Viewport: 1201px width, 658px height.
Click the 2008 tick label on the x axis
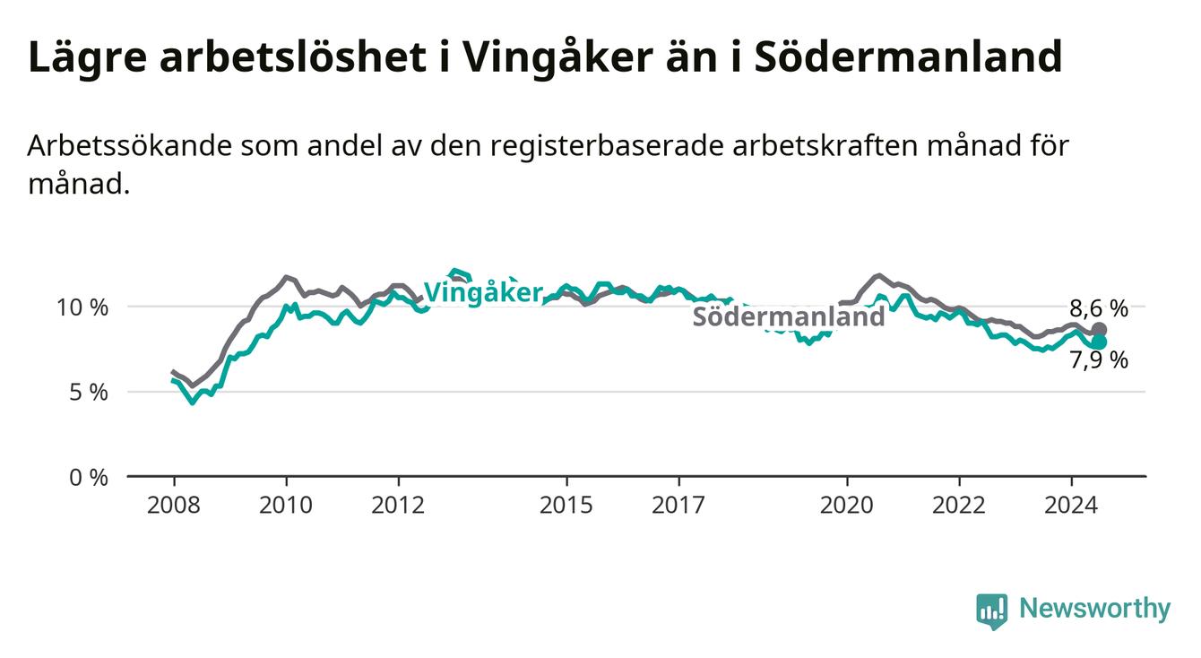[x=173, y=506]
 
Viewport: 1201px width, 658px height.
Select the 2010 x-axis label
[x=286, y=506]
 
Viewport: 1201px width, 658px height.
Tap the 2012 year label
[x=398, y=506]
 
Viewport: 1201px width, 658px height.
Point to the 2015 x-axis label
[x=566, y=506]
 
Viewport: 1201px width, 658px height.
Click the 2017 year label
[x=678, y=506]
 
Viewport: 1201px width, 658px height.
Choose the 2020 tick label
[x=847, y=506]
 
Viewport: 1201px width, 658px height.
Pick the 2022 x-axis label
[x=959, y=506]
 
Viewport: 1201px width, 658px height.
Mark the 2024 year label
[x=1071, y=506]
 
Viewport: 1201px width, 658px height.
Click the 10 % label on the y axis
[x=82, y=307]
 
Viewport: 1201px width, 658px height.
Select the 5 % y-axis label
[x=89, y=393]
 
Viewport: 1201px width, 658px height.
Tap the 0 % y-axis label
[x=89, y=478]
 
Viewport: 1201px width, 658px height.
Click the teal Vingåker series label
[x=484, y=293]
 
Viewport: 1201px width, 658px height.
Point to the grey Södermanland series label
[x=789, y=316]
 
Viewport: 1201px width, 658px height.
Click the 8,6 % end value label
[x=1099, y=309]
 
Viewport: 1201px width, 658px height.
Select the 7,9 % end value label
[x=1099, y=359]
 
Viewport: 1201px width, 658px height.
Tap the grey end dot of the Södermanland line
[x=1099, y=330]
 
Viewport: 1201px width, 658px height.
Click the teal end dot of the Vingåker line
[x=1099, y=342]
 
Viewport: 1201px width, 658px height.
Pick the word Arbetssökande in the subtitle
[x=130, y=146]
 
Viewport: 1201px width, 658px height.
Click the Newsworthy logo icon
[x=992, y=611]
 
